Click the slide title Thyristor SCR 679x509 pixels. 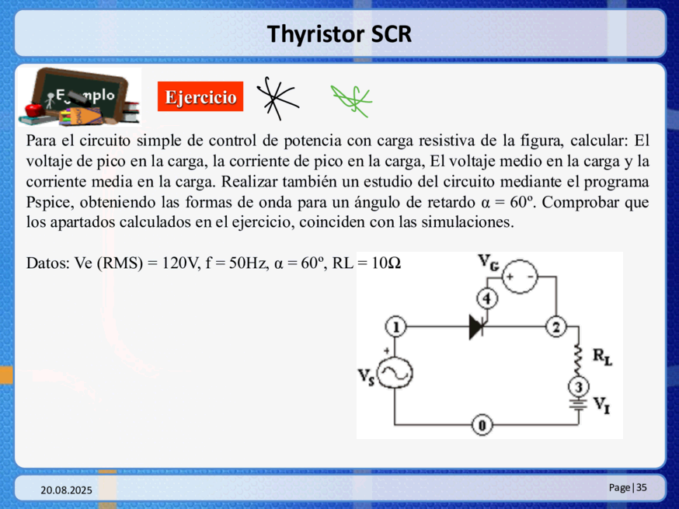point(339,34)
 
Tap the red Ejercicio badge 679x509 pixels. point(200,96)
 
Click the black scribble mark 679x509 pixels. point(276,99)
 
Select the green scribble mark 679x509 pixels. point(351,100)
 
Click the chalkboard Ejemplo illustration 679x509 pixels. point(80,97)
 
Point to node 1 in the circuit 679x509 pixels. point(395,327)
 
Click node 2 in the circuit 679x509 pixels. point(556,327)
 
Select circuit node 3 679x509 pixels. point(579,387)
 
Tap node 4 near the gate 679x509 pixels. point(487,299)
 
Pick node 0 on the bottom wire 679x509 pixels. point(482,425)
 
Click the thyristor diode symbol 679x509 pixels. point(478,327)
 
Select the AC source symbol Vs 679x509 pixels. point(395,373)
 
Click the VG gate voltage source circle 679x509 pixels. point(520,277)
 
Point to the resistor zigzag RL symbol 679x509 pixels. point(578,361)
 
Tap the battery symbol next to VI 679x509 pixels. point(579,405)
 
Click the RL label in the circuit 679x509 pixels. point(602,357)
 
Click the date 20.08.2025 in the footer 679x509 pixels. point(66,490)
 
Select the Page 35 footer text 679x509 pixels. point(628,487)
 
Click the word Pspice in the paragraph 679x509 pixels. point(49,202)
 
